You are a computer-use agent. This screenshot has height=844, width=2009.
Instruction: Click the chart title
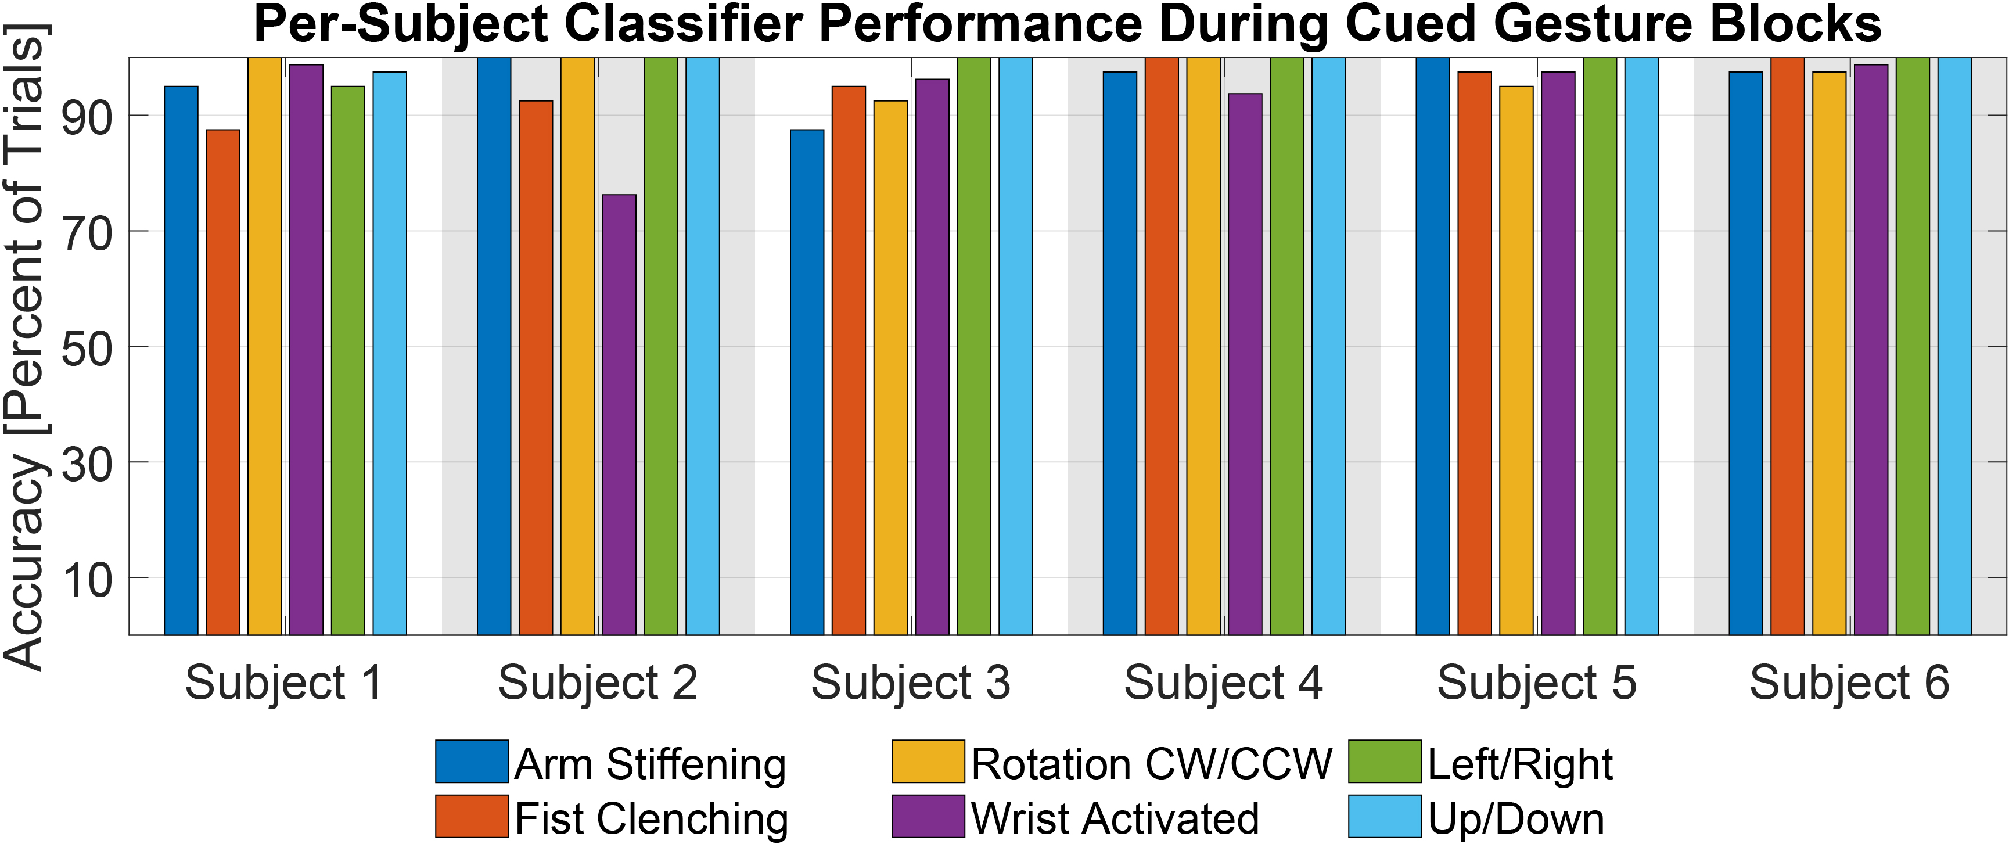tap(1067, 25)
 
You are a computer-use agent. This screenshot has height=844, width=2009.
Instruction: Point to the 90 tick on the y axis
tap(87, 117)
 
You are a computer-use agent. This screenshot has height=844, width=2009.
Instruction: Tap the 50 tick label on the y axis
tap(87, 348)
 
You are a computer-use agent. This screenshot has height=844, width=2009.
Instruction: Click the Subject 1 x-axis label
tap(284, 683)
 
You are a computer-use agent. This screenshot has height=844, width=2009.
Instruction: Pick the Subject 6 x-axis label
tap(1849, 683)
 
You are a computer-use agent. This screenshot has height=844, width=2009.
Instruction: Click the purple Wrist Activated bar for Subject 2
tap(619, 414)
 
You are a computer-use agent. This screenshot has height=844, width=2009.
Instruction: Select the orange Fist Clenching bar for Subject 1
tap(223, 382)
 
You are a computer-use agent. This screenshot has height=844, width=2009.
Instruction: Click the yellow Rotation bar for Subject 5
tap(1516, 359)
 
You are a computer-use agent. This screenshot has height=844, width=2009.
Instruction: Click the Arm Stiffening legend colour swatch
tap(472, 762)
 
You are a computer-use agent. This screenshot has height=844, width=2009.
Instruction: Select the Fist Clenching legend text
tap(651, 818)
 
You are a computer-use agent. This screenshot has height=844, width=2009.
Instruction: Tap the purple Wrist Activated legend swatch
tap(928, 817)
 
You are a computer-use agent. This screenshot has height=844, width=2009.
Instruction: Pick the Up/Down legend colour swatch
tap(1384, 817)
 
